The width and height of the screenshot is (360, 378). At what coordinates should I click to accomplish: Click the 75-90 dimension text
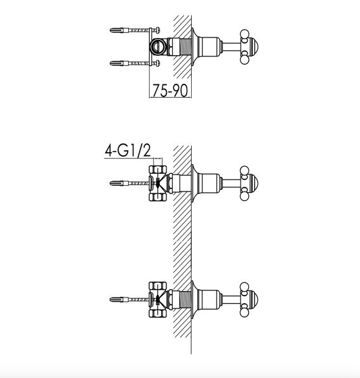170,91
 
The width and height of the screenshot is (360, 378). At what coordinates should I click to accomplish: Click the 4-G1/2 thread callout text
128,151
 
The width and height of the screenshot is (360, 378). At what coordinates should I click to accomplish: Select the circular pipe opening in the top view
157,46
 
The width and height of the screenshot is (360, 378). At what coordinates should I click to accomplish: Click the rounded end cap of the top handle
254,47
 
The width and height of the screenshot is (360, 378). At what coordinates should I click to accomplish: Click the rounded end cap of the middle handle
254,183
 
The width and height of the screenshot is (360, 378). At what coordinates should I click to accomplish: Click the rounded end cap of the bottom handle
254,299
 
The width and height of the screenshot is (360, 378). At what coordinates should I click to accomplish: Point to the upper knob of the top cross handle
244,34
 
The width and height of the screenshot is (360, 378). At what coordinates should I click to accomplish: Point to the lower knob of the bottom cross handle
244,312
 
